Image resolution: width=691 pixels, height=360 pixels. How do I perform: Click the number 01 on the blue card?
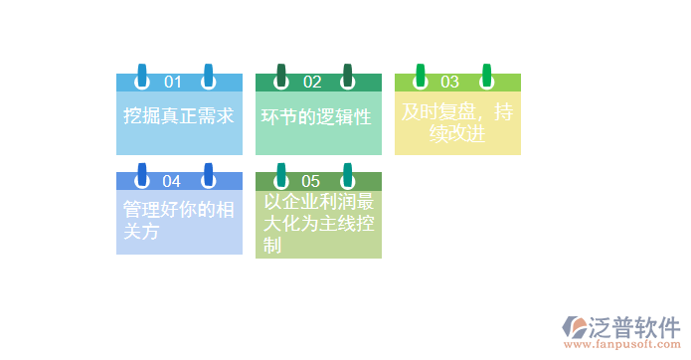[173, 82]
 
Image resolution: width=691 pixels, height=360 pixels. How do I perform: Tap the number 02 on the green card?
[312, 82]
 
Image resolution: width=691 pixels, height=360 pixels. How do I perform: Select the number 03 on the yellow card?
[450, 82]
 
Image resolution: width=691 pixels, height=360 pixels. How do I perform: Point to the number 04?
[172, 181]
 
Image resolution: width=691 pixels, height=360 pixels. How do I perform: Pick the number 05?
[311, 181]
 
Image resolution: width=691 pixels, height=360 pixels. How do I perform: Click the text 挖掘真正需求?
[179, 116]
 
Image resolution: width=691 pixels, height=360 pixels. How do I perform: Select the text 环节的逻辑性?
[316, 117]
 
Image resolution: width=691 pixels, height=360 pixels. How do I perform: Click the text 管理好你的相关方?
[179, 221]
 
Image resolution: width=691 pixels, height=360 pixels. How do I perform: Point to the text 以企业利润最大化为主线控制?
[318, 224]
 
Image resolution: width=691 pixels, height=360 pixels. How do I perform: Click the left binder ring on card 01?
[142, 77]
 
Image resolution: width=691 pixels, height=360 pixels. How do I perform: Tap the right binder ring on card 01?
[209, 77]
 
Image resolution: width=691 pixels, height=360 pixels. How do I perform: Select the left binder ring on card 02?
[281, 77]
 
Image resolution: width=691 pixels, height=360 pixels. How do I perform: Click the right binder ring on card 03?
[487, 77]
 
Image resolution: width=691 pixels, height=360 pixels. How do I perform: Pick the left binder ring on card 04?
[142, 176]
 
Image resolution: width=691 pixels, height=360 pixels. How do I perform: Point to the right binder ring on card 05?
[348, 176]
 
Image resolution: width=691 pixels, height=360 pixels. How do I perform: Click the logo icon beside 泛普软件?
[574, 327]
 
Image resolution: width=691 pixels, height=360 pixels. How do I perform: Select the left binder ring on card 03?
[421, 77]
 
